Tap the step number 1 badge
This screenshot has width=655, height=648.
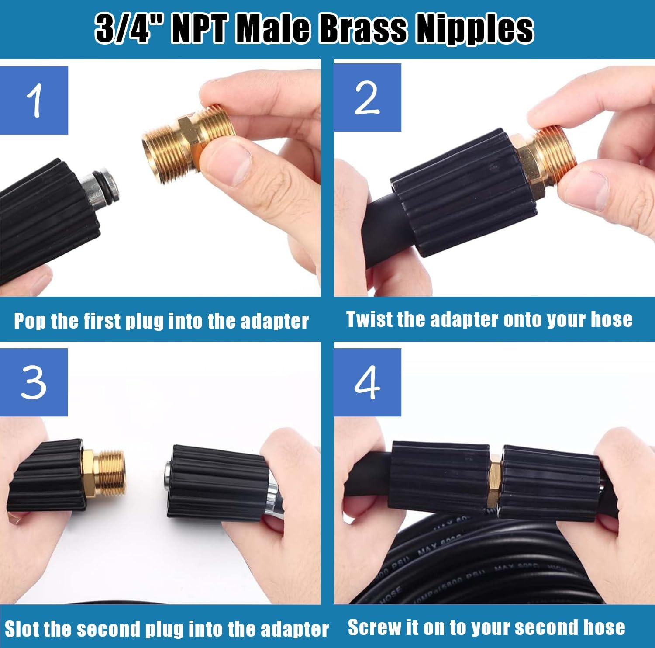[34, 100]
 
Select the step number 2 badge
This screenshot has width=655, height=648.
[367, 98]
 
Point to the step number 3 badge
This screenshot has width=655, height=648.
[34, 382]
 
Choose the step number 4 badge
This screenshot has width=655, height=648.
[367, 382]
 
